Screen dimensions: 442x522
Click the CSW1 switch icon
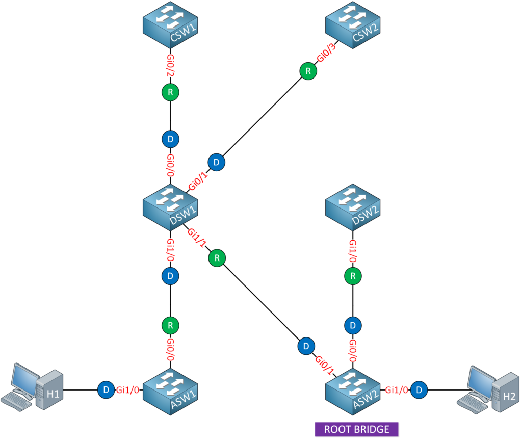pos(170,28)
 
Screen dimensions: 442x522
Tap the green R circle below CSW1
pos(170,93)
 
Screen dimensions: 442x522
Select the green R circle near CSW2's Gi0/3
pos(307,72)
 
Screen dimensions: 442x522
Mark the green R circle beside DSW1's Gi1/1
pos(217,258)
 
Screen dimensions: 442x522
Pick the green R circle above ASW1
pos(170,325)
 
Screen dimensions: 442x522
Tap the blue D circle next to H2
pos(419,390)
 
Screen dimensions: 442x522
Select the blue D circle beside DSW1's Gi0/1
pos(217,162)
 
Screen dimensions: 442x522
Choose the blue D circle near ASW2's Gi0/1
pos(305,346)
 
